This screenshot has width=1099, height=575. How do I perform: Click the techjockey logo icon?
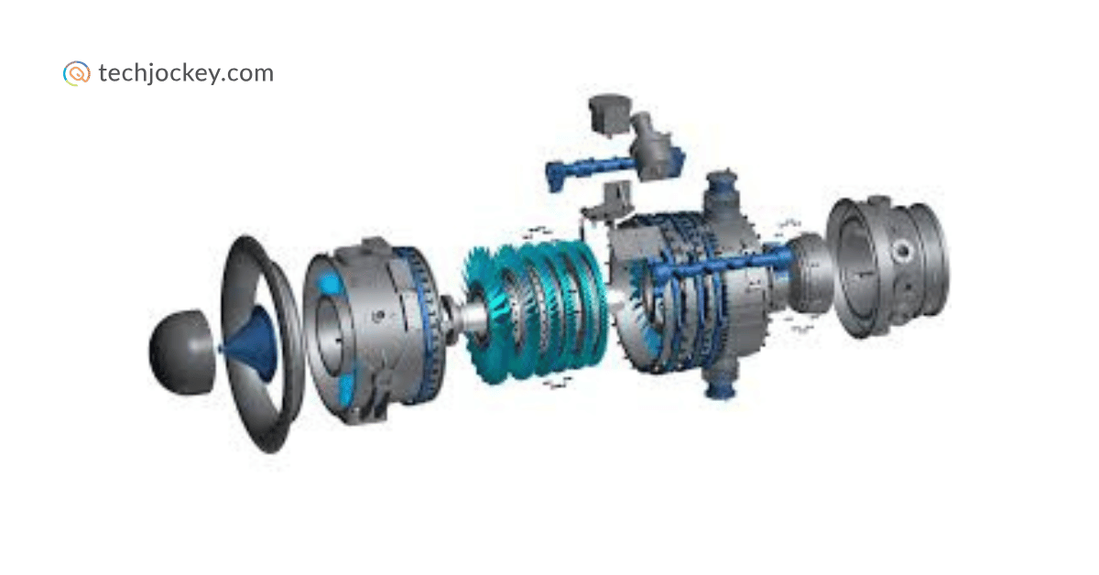[77, 73]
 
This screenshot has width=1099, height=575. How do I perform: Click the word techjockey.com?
[186, 73]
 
